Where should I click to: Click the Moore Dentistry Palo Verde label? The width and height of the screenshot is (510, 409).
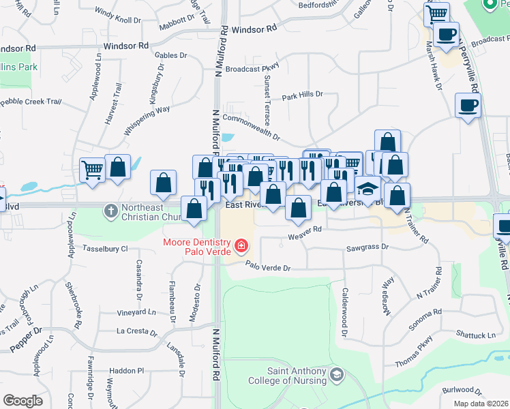[198, 249]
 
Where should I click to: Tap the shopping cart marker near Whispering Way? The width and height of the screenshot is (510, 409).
[92, 170]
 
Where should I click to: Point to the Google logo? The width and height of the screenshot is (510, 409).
[22, 401]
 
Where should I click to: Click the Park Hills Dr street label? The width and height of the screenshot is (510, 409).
[302, 95]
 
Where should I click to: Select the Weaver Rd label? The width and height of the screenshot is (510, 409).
[304, 234]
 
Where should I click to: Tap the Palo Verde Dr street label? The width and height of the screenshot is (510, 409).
[267, 267]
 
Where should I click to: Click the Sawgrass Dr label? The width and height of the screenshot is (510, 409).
[367, 248]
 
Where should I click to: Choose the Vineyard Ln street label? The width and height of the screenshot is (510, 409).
[136, 312]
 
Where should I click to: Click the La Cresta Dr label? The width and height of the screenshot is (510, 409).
[136, 333]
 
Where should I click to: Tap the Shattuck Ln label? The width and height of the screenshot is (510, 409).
[476, 335]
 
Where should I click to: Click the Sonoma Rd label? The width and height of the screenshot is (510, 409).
[427, 316]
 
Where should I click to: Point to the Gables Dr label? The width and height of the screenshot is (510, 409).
[171, 55]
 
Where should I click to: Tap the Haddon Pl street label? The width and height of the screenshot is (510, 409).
[127, 371]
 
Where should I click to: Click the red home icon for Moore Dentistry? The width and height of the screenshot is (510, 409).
[240, 245]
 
